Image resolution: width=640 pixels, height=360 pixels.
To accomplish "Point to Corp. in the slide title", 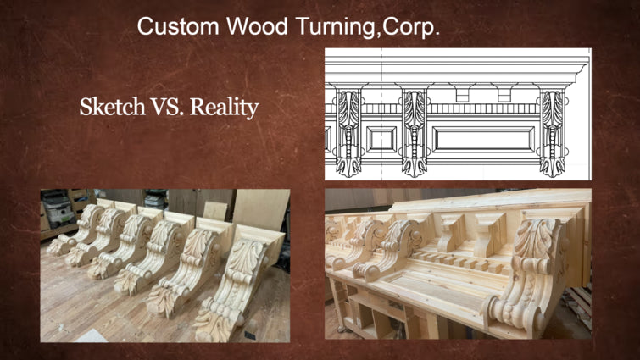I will tap(411, 27).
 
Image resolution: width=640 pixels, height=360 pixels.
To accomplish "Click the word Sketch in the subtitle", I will tap(110, 108).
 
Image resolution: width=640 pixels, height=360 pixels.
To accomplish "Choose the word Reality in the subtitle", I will tap(224, 108).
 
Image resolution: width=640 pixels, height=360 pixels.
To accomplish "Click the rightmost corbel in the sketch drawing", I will tap(552, 127).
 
